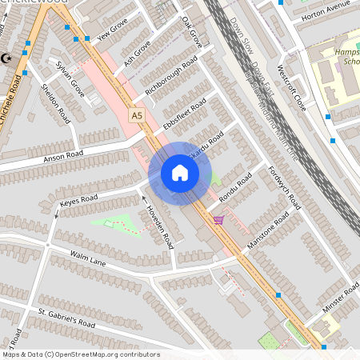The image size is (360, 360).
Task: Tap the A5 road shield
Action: pos(137,115)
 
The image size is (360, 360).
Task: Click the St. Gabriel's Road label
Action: pos(66,318)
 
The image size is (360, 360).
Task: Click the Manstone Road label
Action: pos(271,230)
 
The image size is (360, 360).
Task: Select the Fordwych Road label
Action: pos(285,189)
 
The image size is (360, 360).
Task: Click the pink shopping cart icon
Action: pos(218,219)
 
